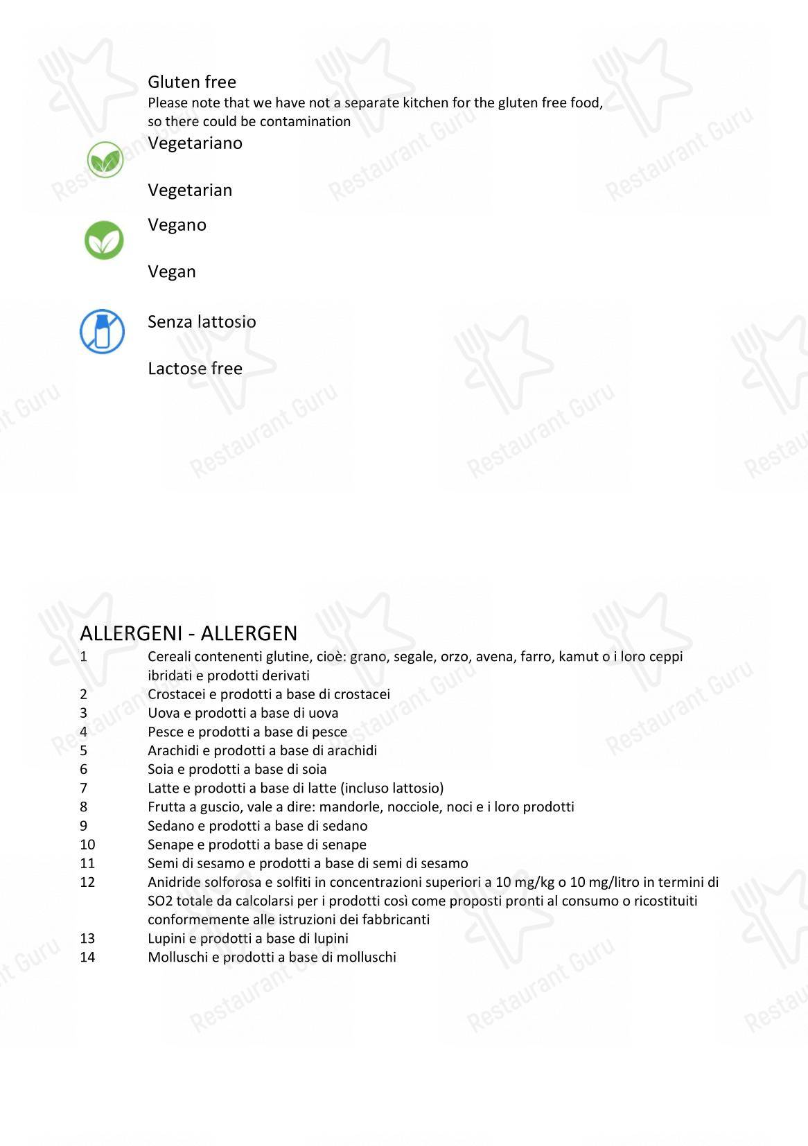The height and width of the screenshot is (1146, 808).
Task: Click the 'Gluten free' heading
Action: click(192, 82)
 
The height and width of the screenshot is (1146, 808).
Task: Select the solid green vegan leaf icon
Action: click(104, 240)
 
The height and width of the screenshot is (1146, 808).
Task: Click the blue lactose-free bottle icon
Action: click(103, 331)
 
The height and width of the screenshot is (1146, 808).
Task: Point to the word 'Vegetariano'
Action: click(195, 143)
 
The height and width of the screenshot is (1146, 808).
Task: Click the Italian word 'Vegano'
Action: click(177, 224)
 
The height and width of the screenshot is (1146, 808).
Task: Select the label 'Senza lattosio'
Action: click(202, 321)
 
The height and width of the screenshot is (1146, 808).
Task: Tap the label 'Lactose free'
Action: click(195, 369)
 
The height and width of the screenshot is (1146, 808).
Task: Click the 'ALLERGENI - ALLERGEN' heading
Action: click(188, 633)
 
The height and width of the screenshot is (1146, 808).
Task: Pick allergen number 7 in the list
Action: click(84, 788)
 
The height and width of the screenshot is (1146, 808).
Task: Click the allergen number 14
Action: click(87, 957)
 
